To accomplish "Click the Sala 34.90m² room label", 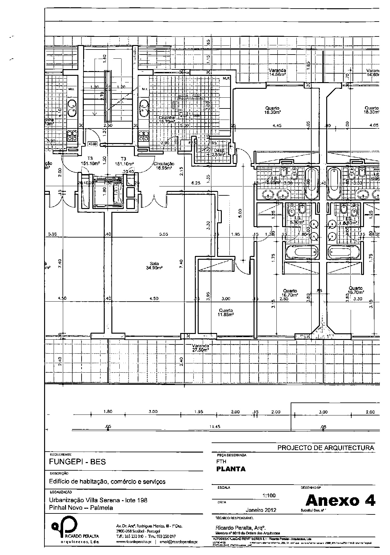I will coord(154,265).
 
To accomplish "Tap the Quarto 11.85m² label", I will coord(226,312).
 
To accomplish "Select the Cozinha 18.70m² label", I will coord(167,119).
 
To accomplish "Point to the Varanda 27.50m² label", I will coord(201,348).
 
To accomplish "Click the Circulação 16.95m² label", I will coord(164,166).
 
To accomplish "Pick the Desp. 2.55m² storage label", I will coord(219,153).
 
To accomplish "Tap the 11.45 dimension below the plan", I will coord(215,427).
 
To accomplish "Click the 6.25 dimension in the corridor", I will coord(196,183).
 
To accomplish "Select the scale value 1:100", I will coord(269,495).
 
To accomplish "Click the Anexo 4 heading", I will coord(340,500).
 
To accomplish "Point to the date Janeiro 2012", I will coord(261,510).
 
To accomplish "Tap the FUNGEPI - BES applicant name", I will coord(77,462).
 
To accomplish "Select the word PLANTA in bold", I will coord(231,469).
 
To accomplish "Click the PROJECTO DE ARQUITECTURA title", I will coord(326,448).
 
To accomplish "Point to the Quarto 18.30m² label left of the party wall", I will coord(273,110).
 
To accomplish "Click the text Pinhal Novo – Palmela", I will coord(81,508).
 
